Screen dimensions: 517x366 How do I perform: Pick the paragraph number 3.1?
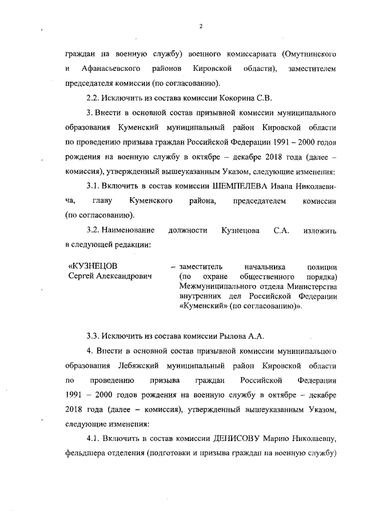94,186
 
